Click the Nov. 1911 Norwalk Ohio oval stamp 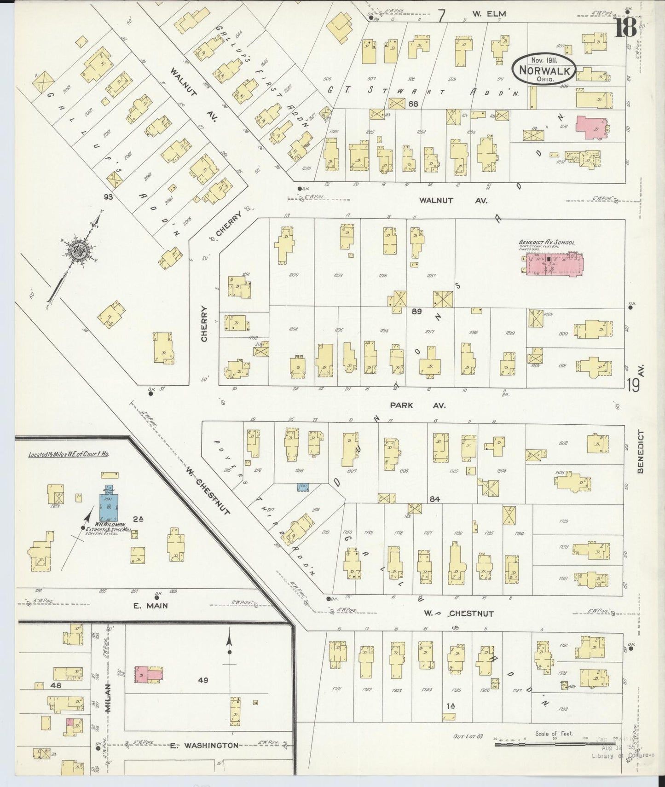544,70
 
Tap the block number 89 416,312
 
